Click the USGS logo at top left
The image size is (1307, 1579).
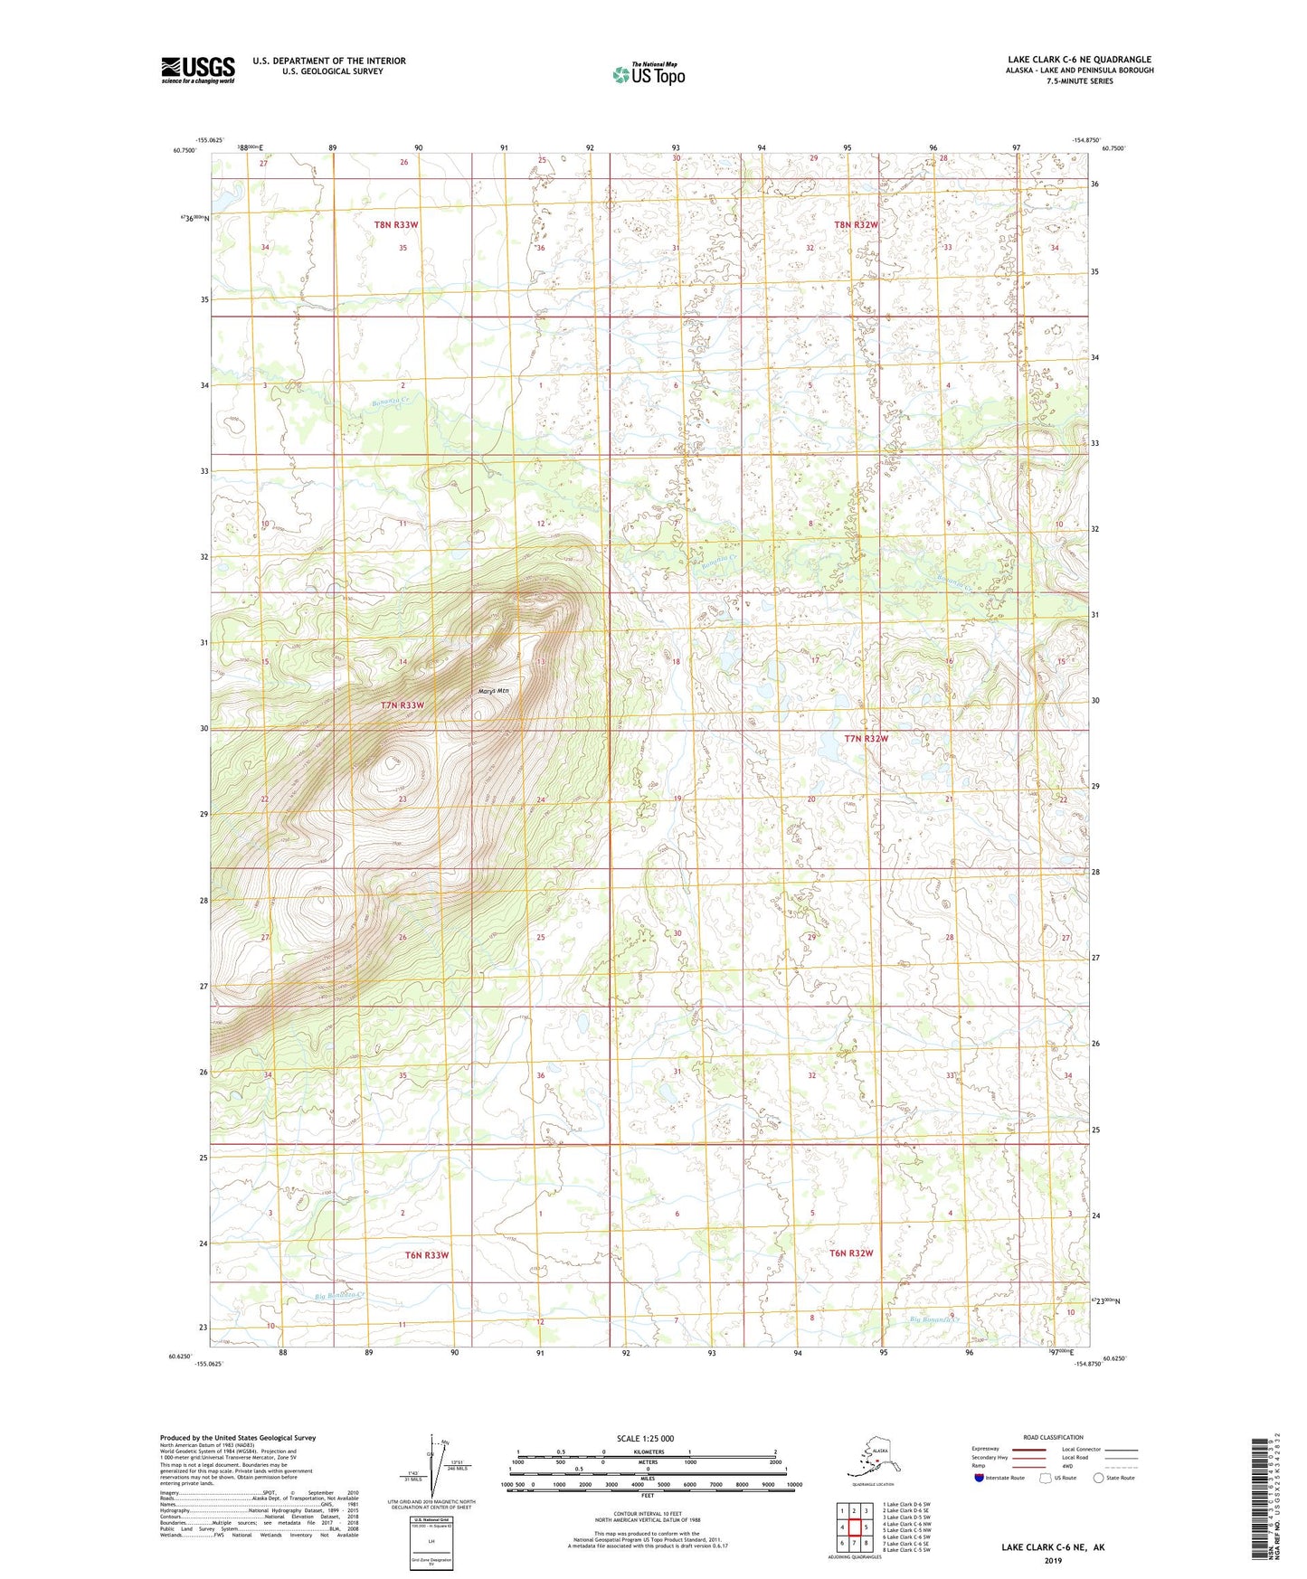[x=197, y=70]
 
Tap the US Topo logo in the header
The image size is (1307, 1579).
[x=648, y=74]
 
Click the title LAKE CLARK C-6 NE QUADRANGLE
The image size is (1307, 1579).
[x=1079, y=60]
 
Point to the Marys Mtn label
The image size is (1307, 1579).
[x=494, y=691]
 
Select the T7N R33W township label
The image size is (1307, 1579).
[x=402, y=704]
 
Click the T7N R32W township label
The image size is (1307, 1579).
[x=866, y=739]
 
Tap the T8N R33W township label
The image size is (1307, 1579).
[x=396, y=224]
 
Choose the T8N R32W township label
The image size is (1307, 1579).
[x=856, y=224]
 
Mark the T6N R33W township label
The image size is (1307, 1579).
[x=426, y=1255]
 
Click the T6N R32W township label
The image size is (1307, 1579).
[x=851, y=1253]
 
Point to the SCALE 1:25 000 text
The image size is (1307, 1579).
[x=645, y=1438]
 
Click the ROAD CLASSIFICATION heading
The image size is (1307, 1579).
[x=1053, y=1437]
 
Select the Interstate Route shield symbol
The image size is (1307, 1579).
[x=979, y=1478]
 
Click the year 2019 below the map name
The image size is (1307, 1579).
[x=1053, y=1561]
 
